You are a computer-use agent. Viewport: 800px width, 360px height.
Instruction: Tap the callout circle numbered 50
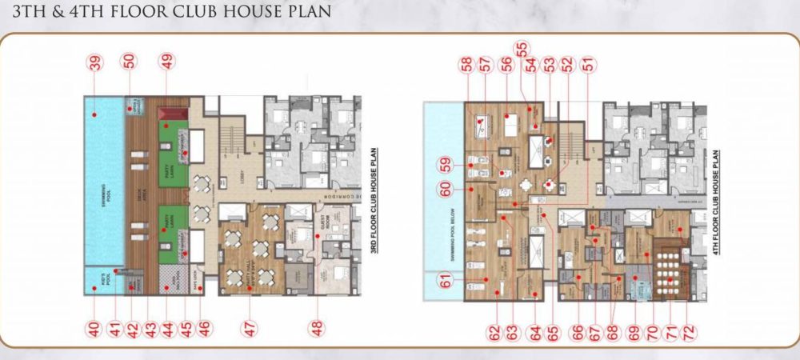pyautogui.click(x=130, y=63)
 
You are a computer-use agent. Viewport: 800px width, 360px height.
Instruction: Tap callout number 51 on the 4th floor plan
pyautogui.click(x=589, y=67)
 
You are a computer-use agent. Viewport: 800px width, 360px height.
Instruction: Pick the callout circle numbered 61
pyautogui.click(x=446, y=280)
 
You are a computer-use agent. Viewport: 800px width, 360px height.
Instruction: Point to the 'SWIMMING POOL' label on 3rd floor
pyautogui.click(x=106, y=192)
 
